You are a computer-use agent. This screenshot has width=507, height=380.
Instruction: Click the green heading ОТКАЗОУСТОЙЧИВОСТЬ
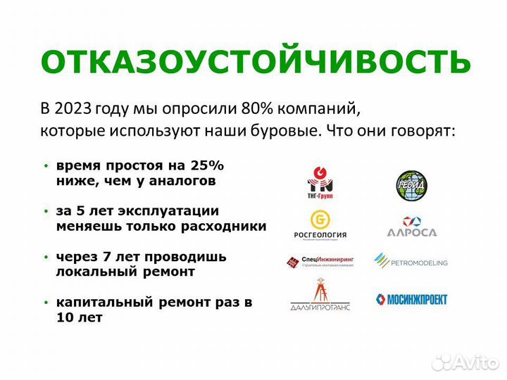click(x=254, y=61)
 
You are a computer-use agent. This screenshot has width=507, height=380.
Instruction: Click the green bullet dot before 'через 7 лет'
click(x=46, y=257)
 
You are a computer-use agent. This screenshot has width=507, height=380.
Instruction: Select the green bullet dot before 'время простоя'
click(x=46, y=167)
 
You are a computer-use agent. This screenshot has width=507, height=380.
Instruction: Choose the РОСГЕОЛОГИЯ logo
click(x=320, y=224)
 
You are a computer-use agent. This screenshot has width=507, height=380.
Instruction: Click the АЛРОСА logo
click(x=411, y=227)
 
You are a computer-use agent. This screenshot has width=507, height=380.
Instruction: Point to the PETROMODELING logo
click(x=411, y=262)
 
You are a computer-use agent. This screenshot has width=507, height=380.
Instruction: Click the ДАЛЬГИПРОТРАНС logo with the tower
click(x=320, y=296)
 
